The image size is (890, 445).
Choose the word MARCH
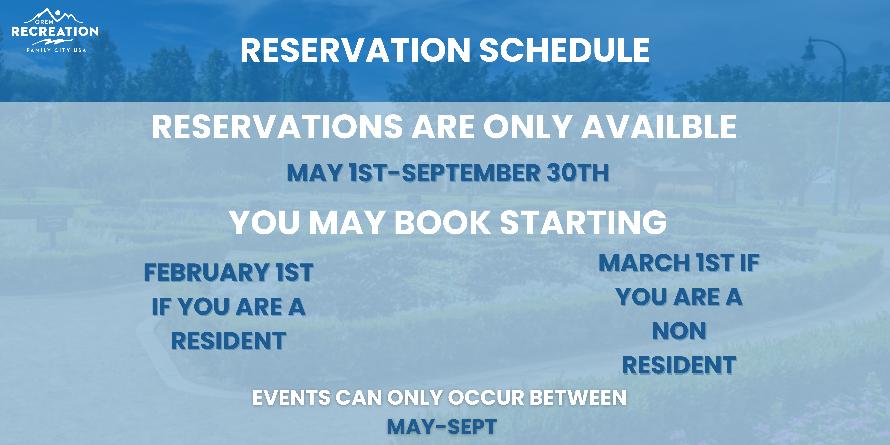tap(644, 263)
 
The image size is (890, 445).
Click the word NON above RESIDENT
tap(679, 331)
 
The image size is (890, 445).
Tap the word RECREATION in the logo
tap(55, 31)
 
